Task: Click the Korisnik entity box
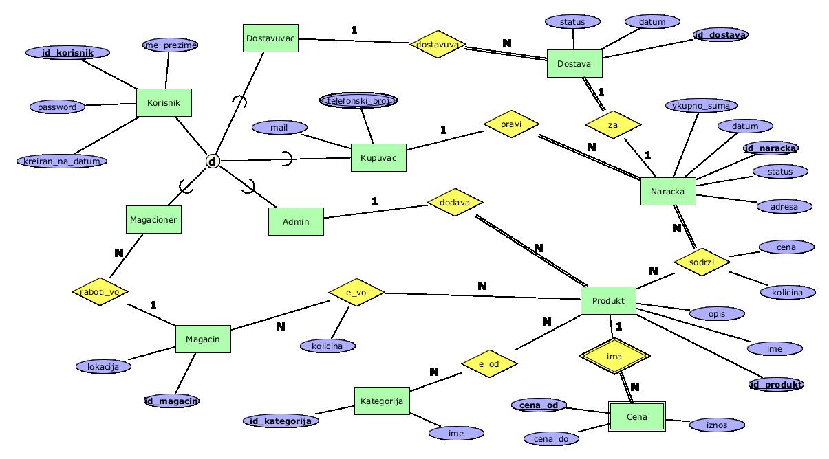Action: pos(164,102)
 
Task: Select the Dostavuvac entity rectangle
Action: pos(270,38)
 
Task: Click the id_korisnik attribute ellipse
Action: pos(67,52)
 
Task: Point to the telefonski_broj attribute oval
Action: pos(358,100)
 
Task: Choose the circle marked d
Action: pos(213,161)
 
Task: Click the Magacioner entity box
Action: pos(153,220)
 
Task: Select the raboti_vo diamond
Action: pos(100,291)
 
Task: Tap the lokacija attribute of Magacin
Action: pos(103,366)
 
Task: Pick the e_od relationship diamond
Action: pos(488,364)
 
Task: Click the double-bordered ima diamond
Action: pos(614,357)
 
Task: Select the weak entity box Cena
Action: pos(637,417)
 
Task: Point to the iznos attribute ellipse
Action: pos(716,425)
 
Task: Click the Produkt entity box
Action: pos(608,301)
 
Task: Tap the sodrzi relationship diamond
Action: pos(701,262)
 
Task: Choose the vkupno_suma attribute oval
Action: pos(702,105)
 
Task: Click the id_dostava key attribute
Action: pos(720,34)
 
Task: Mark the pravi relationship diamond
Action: pos(511,124)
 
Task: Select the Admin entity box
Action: pos(296,221)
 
